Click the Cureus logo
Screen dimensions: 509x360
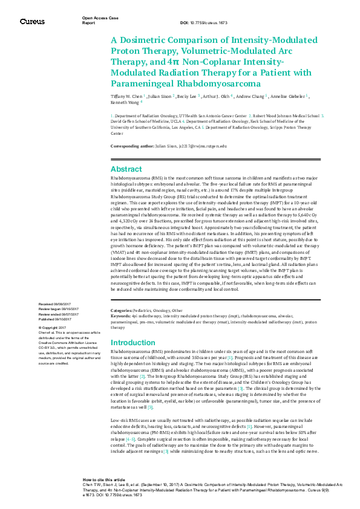click(x=31, y=22)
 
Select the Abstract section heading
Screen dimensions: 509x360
click(x=126, y=169)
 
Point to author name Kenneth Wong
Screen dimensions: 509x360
click(x=125, y=102)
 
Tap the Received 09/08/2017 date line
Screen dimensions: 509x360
click(x=56, y=303)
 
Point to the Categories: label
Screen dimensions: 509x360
click(x=123, y=310)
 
